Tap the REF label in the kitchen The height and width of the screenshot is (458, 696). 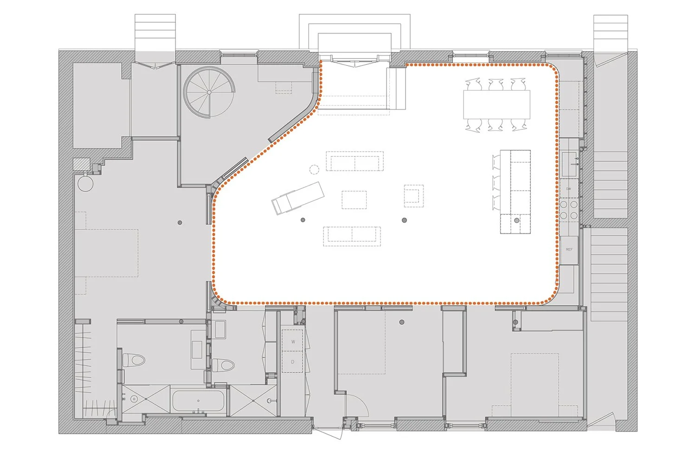[x=569, y=250]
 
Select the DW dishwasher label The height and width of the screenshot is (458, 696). [x=568, y=189]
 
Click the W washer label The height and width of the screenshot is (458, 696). [x=293, y=342]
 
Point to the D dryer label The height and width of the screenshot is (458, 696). [x=292, y=362]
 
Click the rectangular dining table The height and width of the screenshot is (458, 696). [x=496, y=104]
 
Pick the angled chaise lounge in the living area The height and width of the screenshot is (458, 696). [x=297, y=198]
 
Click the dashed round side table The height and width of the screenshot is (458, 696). [x=315, y=169]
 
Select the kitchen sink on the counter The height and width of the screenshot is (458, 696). [x=569, y=164]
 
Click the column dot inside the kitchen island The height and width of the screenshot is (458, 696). [x=516, y=220]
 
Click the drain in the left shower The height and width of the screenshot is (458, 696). [x=134, y=399]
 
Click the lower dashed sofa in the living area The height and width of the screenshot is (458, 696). [x=352, y=235]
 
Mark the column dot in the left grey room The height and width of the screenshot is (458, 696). [x=180, y=223]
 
